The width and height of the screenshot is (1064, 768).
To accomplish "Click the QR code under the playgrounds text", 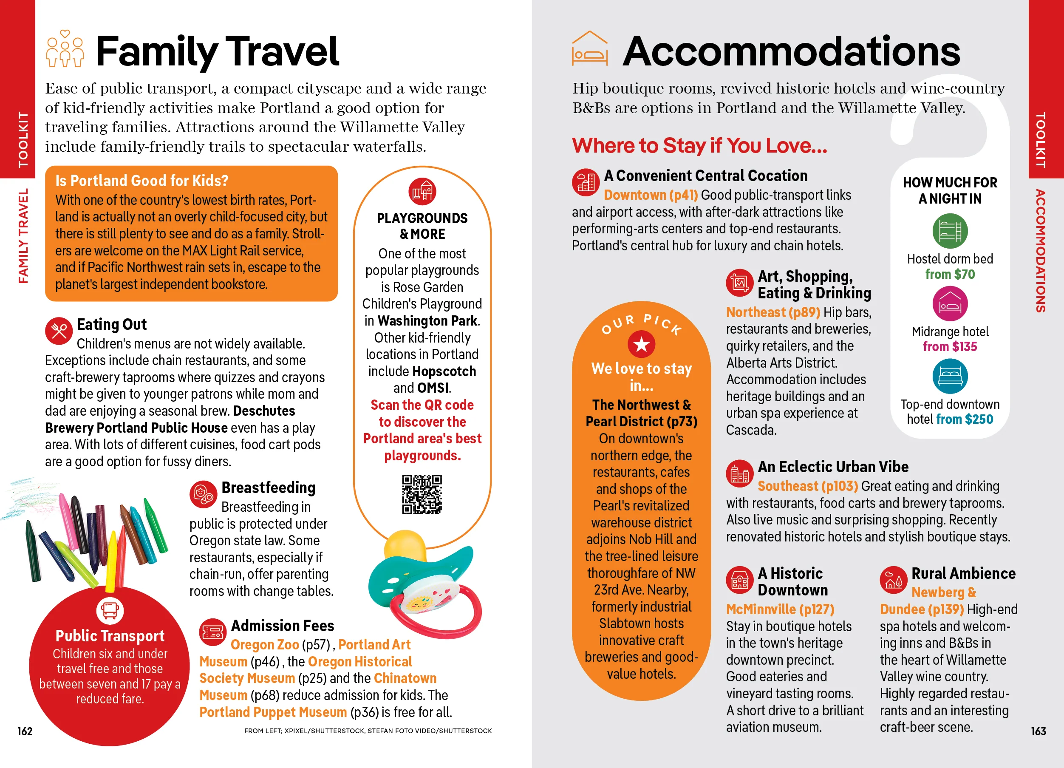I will coord(422,494).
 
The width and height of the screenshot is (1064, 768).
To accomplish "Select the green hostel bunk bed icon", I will coord(950,231).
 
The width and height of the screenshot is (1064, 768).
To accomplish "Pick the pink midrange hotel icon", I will coord(950,303).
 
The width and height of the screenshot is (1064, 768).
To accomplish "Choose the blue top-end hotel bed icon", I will coord(950,376).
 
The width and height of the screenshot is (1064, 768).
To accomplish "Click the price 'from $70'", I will coord(950,275).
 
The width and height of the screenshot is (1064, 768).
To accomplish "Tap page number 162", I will coord(25,731).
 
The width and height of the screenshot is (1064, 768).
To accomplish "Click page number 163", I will coord(1038,731).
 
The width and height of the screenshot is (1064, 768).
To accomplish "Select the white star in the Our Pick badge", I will coord(641,345).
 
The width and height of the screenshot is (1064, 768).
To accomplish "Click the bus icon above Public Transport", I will coord(110,610).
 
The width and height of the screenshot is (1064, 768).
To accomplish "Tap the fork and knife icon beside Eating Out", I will coord(59,331).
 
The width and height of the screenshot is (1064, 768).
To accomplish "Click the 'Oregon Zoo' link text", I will coord(265,645).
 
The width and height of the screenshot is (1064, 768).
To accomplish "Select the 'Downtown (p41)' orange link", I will coord(651,195).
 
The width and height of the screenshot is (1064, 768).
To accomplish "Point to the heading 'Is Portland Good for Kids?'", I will coord(141,181).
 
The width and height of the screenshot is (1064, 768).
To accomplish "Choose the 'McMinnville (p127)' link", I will coord(780,609).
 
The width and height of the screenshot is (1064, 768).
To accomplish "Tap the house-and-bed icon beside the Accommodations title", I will coord(590,49).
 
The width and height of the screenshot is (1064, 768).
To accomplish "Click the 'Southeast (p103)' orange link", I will coord(807,486).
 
